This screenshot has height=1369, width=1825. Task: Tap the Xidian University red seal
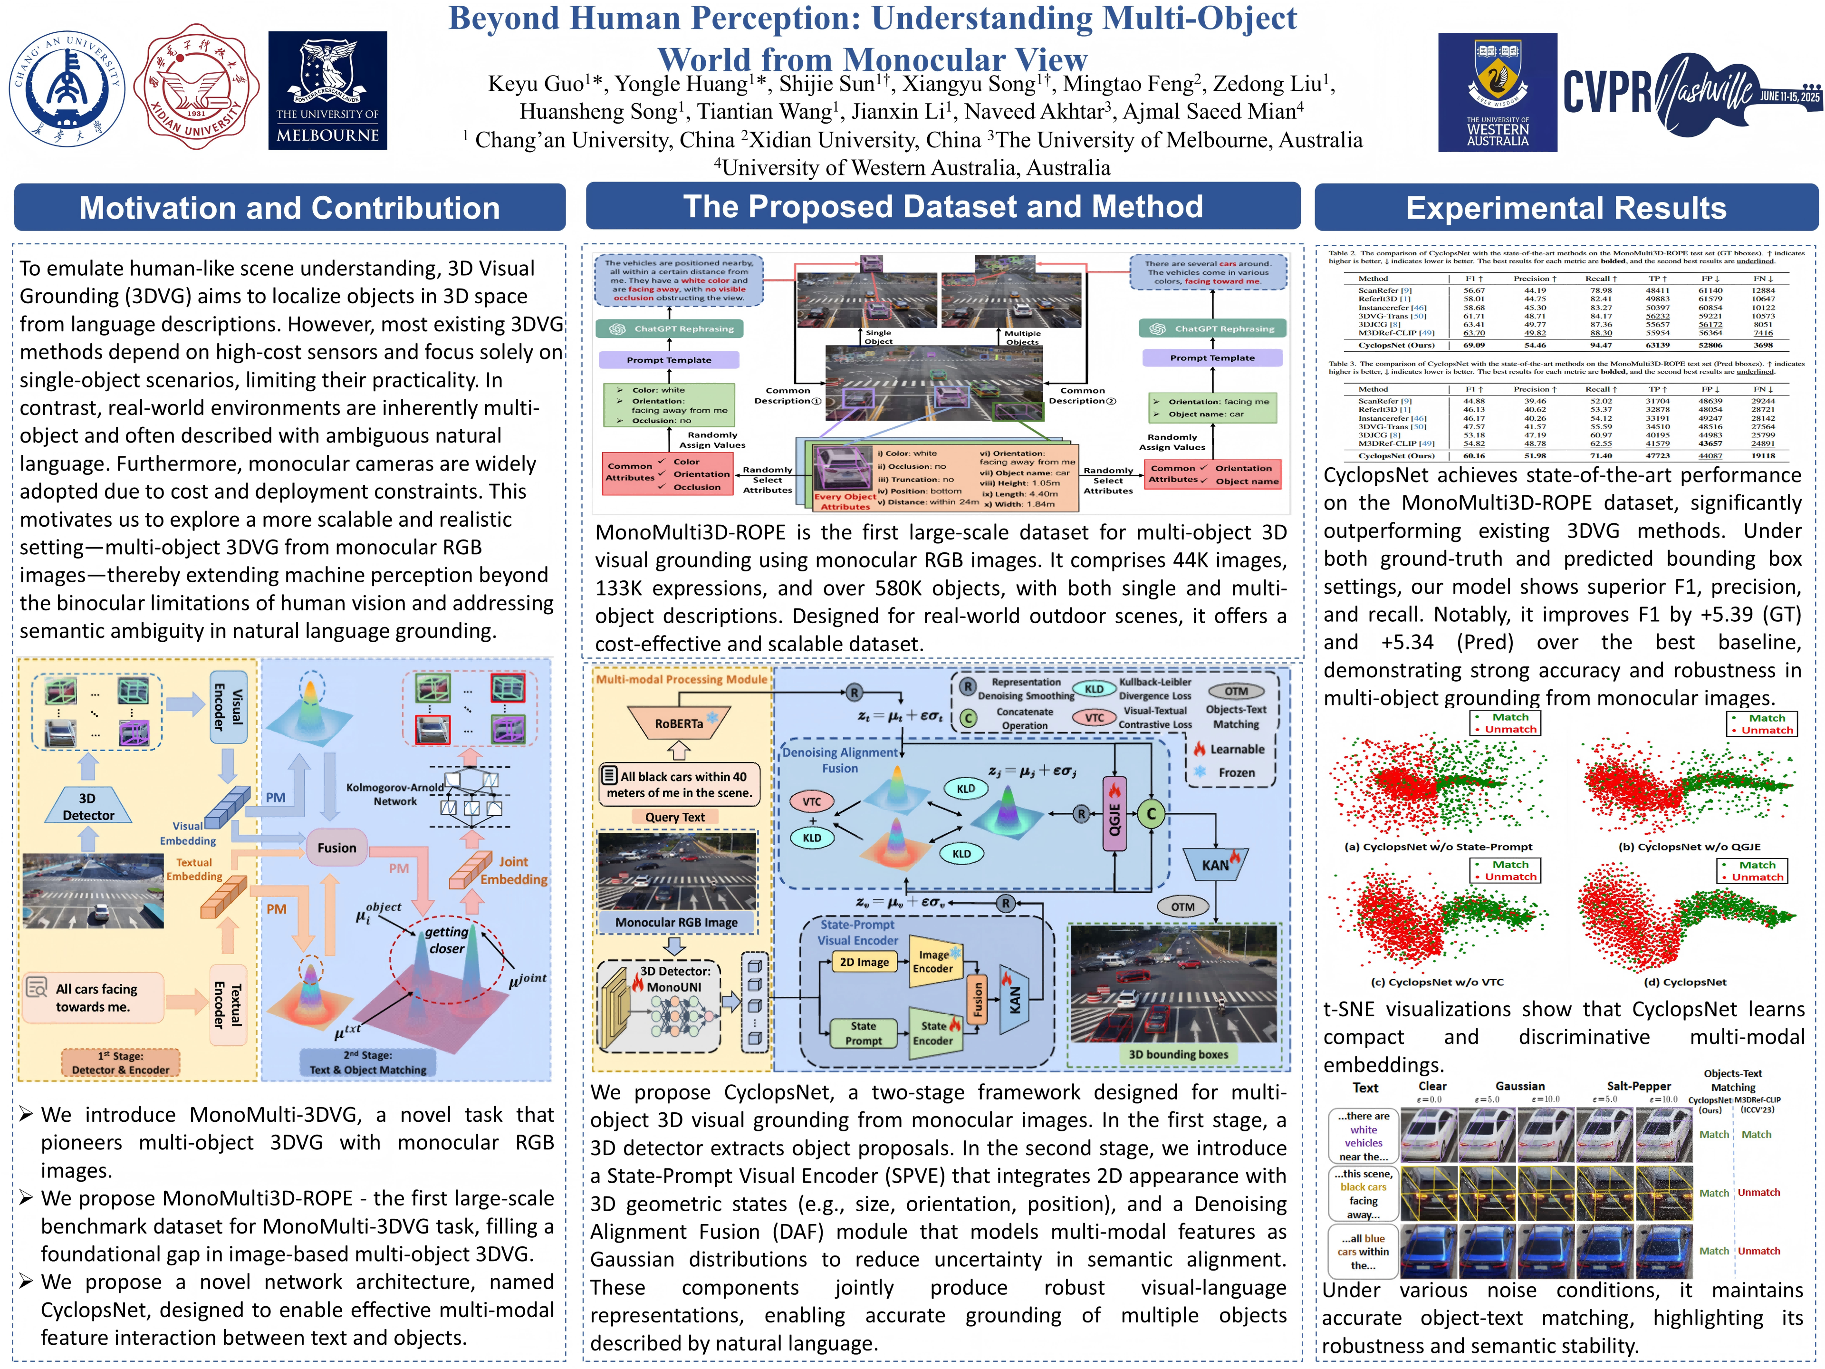point(196,87)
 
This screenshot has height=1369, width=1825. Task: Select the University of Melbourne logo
point(327,91)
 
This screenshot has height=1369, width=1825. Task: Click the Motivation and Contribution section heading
point(289,208)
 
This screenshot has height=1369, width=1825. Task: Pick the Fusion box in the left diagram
point(336,848)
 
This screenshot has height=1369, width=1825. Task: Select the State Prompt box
point(863,1033)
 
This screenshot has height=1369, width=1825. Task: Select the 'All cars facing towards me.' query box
point(96,998)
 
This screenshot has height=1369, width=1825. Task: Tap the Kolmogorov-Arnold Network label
point(395,794)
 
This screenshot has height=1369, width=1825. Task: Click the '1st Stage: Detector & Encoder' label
point(120,1063)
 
